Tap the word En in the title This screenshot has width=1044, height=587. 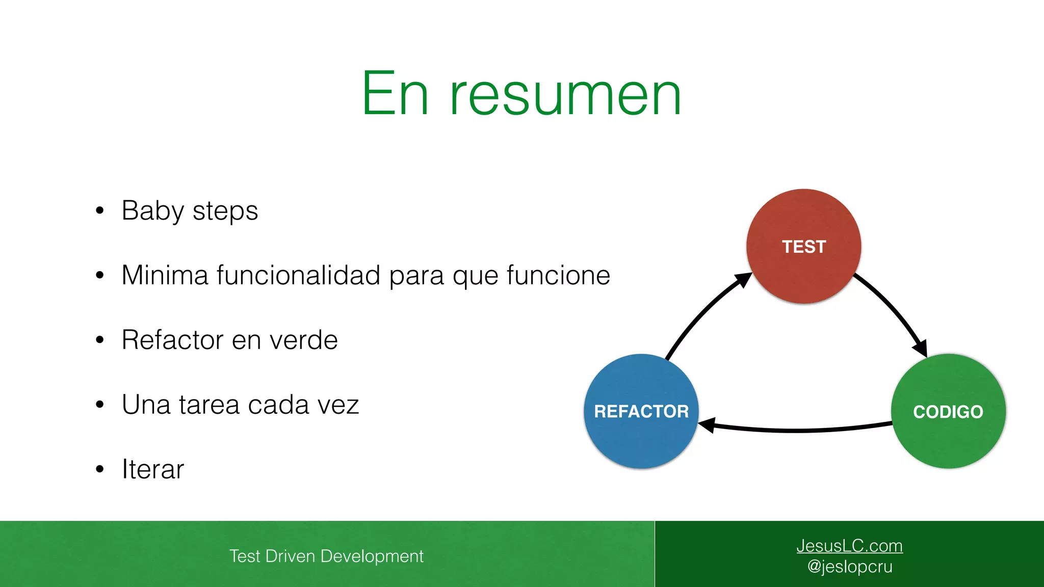point(395,95)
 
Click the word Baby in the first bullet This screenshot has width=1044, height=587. point(152,211)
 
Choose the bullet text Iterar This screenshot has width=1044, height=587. point(152,469)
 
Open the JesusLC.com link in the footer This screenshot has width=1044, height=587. point(849,546)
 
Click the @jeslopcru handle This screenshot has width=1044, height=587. point(849,567)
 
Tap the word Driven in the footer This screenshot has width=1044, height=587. point(290,556)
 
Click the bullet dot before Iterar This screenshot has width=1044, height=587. point(100,469)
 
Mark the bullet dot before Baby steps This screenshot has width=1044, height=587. point(100,210)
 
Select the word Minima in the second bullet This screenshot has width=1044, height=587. point(165,275)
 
